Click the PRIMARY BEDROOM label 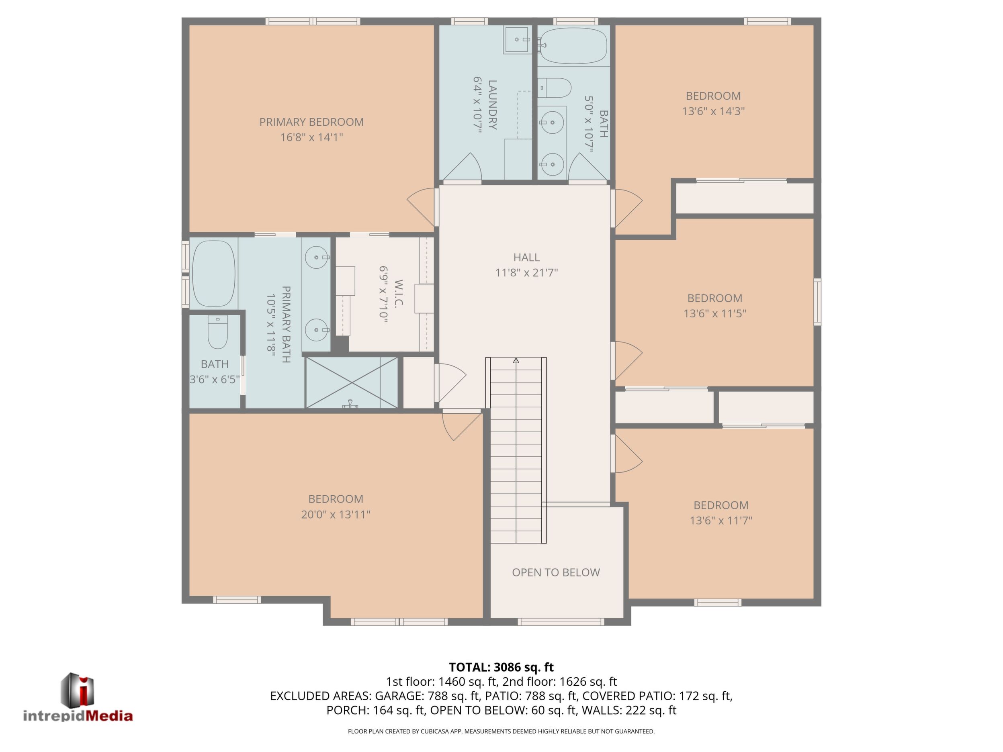(311, 122)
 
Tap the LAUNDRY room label (492, 105)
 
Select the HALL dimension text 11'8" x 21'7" (526, 273)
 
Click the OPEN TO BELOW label (556, 572)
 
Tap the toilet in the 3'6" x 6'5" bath (218, 332)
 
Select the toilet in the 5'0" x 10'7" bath (554, 88)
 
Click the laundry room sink (517, 40)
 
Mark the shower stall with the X (352, 382)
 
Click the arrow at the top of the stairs (516, 361)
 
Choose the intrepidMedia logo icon (78, 689)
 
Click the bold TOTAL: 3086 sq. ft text (501, 667)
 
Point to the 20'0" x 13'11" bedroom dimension (336, 515)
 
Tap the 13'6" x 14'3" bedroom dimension (714, 111)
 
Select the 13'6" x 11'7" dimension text (721, 520)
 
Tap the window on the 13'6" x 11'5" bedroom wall (817, 302)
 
